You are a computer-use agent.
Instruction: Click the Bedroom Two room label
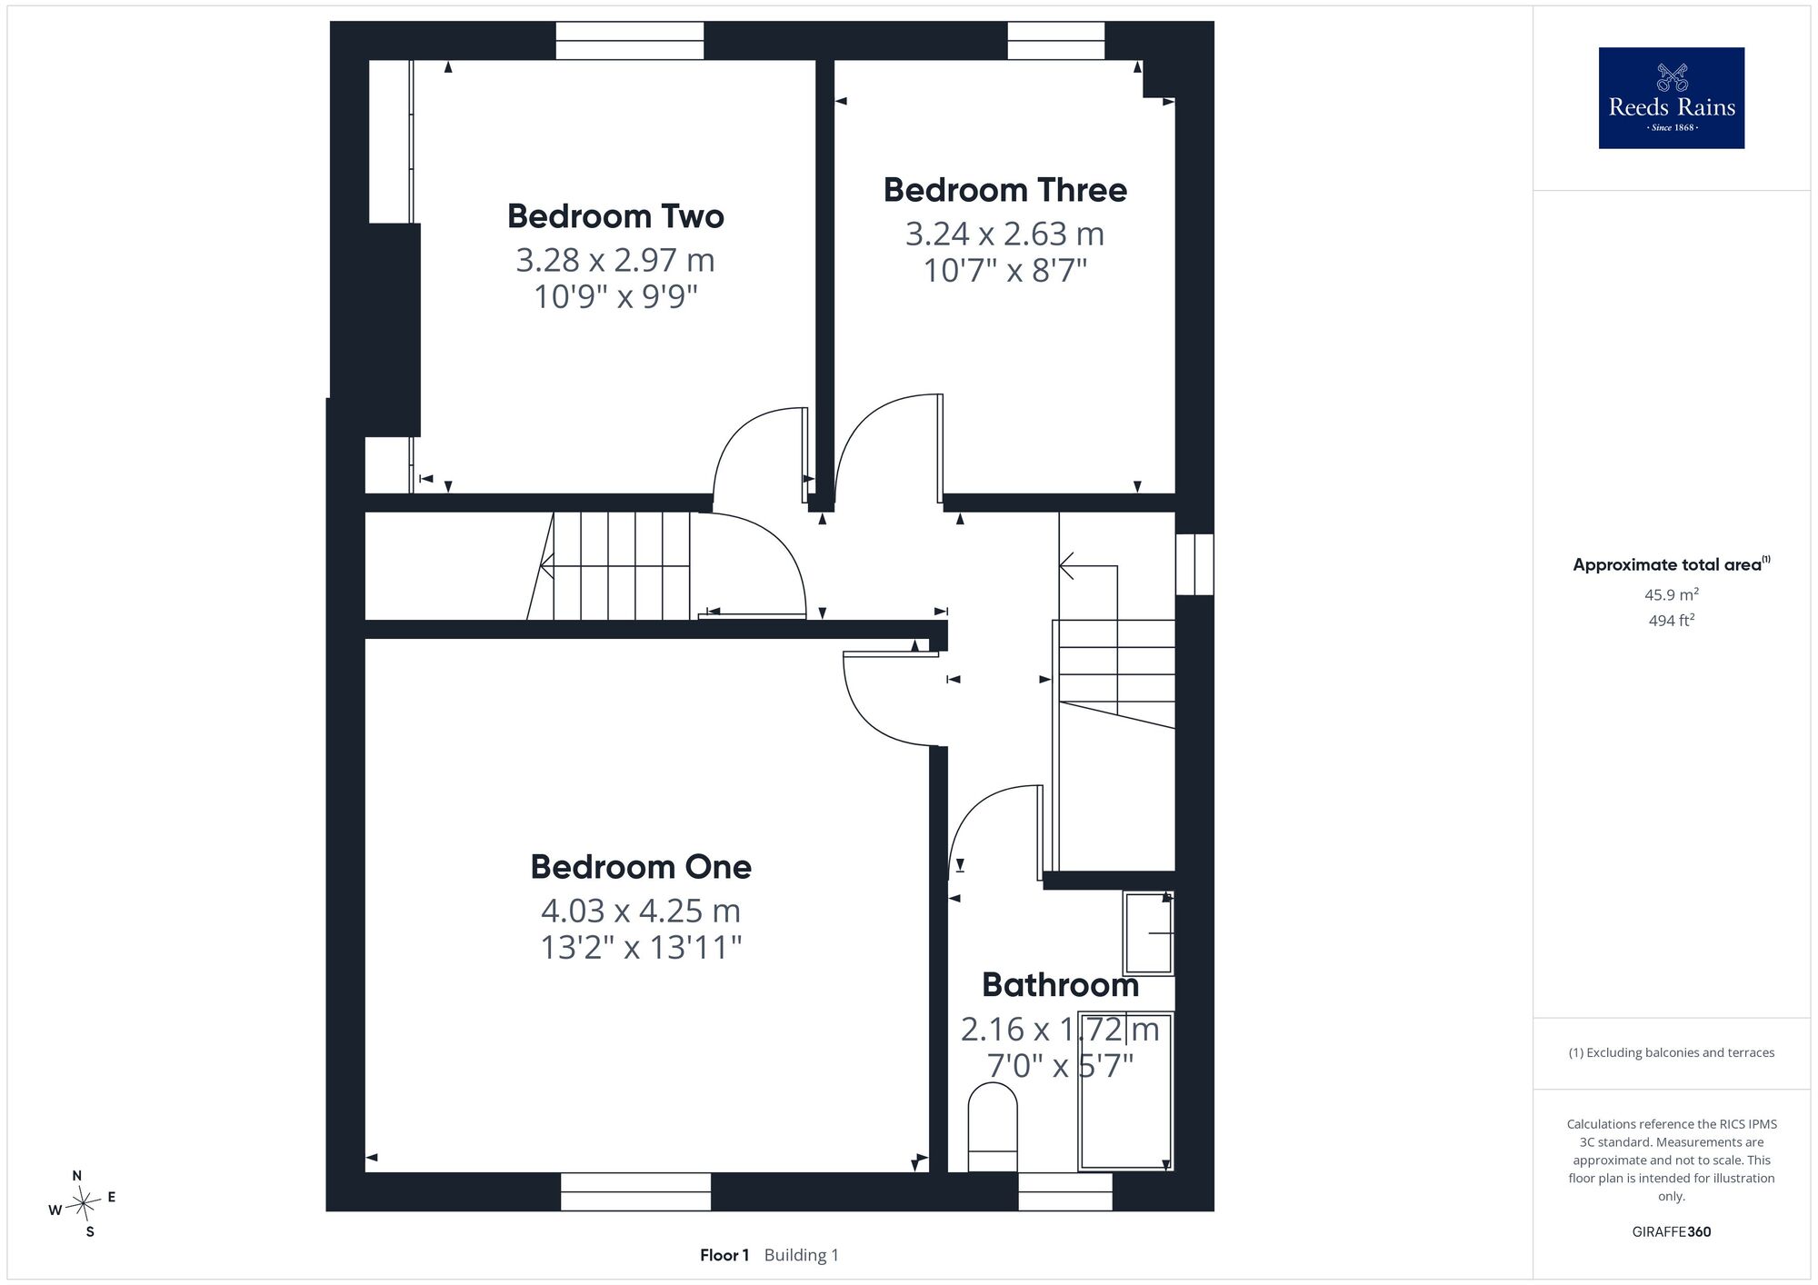615,216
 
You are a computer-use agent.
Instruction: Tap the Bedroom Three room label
1005,190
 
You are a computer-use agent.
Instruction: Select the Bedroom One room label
641,867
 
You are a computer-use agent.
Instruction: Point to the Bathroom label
1060,985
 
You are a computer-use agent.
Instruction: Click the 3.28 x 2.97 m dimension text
615,261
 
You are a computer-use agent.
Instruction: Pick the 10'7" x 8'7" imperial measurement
1005,271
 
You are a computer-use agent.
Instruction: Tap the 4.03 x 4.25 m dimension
641,911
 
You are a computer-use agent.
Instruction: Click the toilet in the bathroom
993,1127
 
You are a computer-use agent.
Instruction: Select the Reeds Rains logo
1672,98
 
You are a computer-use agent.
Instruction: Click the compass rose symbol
83,1205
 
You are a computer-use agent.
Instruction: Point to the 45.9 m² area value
1672,595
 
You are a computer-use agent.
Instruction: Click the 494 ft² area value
1672,621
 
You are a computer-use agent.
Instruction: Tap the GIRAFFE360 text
1672,1232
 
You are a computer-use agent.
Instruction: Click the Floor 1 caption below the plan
724,1256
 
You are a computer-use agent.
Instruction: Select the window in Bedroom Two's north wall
630,41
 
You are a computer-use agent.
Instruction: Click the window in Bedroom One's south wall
635,1191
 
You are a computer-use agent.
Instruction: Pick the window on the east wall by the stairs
1194,564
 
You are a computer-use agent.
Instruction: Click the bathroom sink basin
1149,933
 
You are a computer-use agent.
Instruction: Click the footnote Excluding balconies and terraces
1672,1052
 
